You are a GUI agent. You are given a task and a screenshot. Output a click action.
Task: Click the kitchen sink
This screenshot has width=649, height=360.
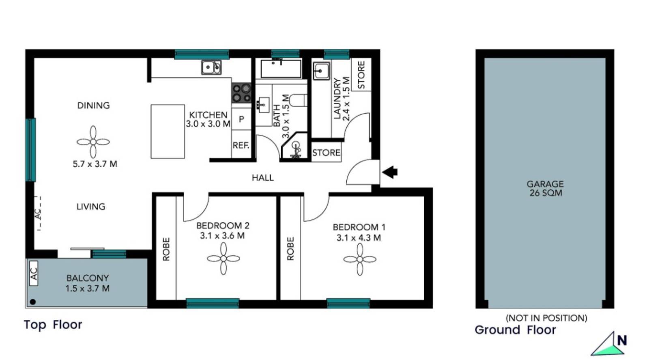pos(211,67)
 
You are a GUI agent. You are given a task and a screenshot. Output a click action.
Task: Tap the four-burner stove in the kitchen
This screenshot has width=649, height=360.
pos(241,93)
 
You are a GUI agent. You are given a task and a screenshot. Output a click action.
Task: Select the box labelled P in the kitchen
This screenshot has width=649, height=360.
pos(241,119)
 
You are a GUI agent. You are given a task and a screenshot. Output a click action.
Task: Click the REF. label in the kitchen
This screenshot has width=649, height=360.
pos(241,145)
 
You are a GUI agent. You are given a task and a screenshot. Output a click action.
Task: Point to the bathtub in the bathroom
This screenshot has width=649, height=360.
pos(281,69)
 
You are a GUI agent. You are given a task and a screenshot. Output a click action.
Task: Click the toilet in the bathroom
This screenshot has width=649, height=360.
pos(299,100)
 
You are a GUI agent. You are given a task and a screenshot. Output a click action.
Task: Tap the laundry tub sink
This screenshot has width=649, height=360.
pos(321,71)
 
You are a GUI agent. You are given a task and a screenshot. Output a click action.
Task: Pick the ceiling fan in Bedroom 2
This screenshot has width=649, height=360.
pos(223,259)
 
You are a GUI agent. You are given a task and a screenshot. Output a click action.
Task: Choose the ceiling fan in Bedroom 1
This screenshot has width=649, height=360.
pos(360,259)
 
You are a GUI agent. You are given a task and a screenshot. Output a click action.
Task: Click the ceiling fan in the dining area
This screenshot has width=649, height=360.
pos(93,142)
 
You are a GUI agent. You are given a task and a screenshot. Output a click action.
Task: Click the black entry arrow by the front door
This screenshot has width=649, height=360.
pos(390,172)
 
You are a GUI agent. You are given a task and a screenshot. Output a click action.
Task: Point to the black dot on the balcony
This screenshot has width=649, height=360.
pos(33,302)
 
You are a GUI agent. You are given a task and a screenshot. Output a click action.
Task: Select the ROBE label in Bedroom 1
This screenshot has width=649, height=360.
pos(290,248)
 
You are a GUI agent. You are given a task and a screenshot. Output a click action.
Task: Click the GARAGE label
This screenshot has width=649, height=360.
pos(545,184)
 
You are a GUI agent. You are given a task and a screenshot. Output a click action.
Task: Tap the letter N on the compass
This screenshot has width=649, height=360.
pos(621,340)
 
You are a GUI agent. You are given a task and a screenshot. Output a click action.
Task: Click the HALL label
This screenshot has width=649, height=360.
pos(262,177)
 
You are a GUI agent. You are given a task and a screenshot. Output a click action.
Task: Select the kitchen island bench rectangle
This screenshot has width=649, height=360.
pos(168,131)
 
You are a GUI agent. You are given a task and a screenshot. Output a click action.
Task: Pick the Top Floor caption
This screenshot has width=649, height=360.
pos(53,325)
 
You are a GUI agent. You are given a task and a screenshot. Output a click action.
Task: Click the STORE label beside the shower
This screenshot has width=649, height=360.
pos(326,153)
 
